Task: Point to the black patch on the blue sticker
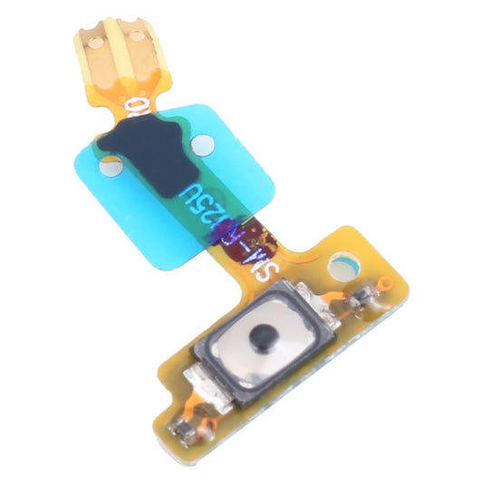[x=149, y=153]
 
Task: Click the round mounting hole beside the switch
[x=343, y=266]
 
